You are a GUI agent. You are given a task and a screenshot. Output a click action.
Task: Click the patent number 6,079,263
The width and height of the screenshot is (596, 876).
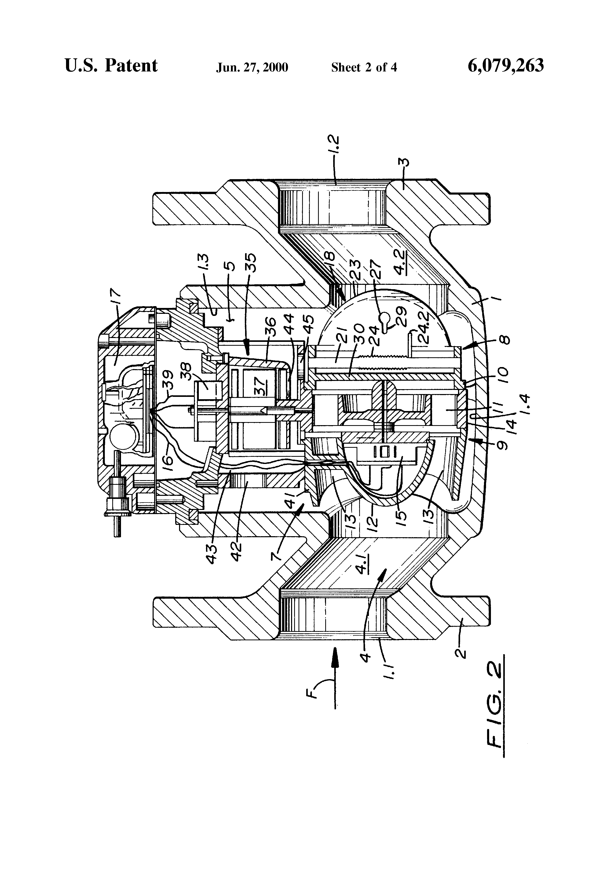point(506,66)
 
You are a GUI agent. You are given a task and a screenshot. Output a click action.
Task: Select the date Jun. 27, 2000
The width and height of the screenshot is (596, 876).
point(252,67)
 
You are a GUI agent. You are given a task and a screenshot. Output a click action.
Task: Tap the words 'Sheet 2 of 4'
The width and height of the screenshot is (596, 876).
point(364,67)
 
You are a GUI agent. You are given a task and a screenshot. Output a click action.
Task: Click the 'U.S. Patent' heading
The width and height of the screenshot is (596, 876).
point(111,66)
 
